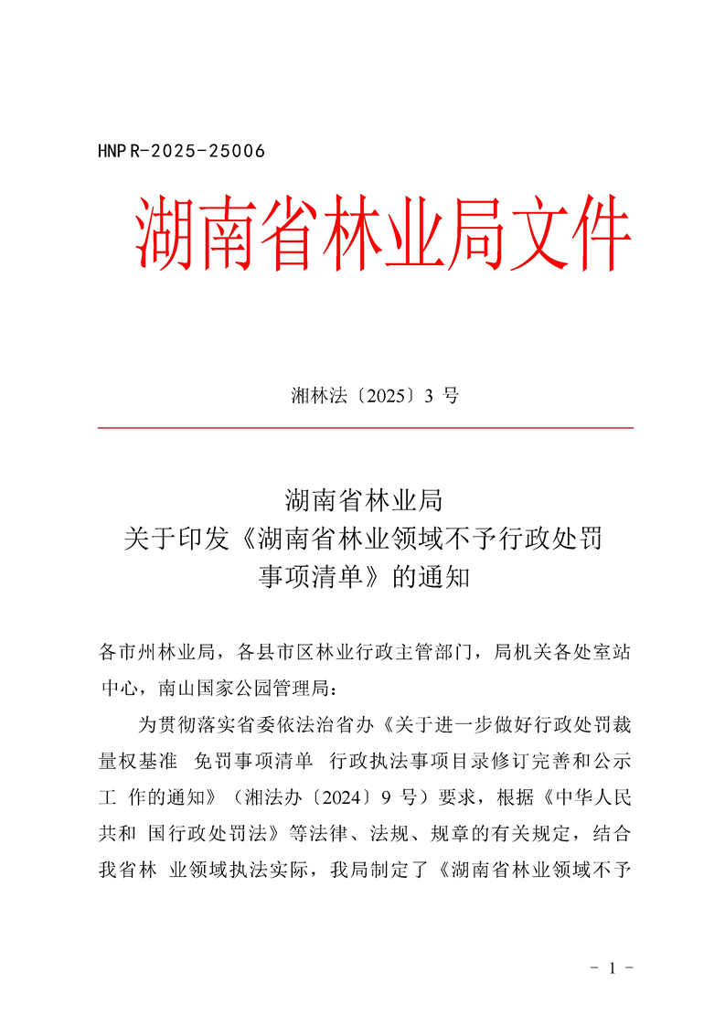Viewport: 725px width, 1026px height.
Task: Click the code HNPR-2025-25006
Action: coord(181,152)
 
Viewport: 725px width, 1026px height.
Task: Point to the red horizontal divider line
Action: coord(365,427)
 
